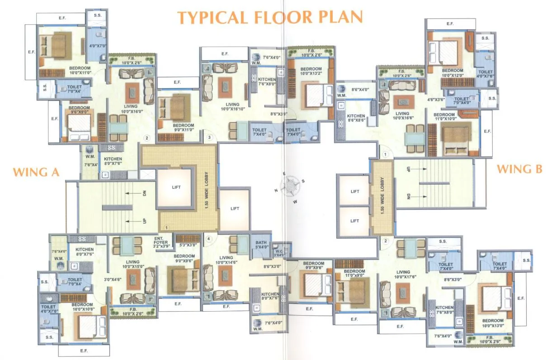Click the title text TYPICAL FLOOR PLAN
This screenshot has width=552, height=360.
click(270, 17)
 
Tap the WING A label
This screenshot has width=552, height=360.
click(36, 172)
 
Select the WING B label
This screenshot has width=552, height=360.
click(519, 169)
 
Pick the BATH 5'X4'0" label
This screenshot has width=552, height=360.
click(261, 245)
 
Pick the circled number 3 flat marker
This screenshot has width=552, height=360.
click(209, 137)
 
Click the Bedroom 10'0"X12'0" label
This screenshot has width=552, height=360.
click(453, 73)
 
